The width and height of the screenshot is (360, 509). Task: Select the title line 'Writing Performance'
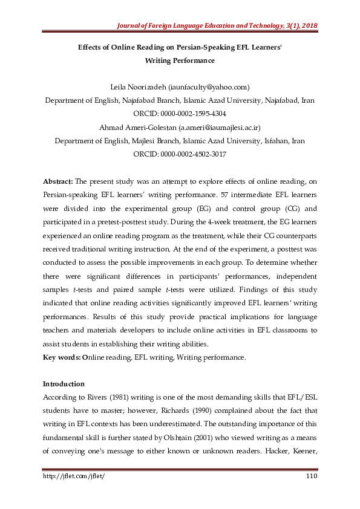click(x=180, y=60)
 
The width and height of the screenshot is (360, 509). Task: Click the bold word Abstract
click(x=58, y=181)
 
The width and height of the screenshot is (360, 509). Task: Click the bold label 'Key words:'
click(x=62, y=357)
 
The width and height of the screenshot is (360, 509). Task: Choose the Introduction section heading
click(x=64, y=384)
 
